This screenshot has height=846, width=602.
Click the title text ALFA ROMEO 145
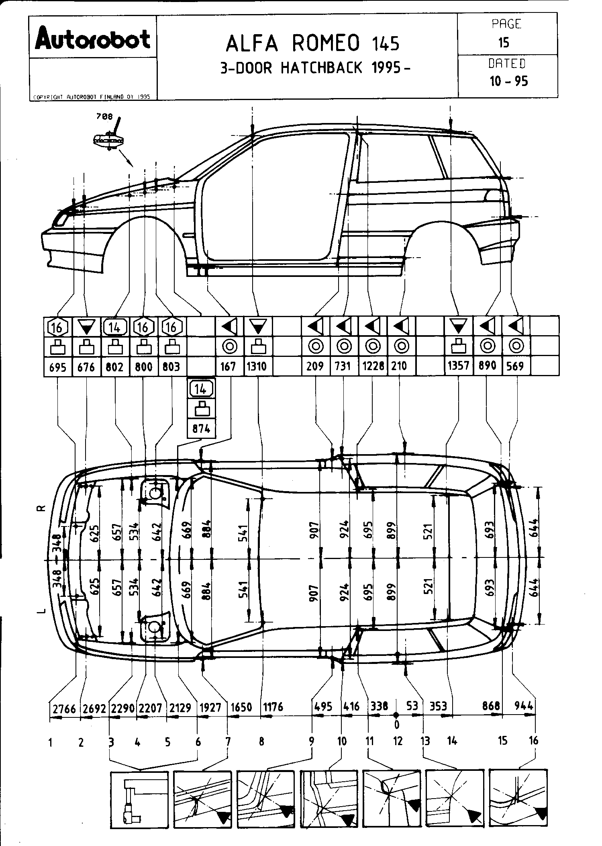(x=312, y=44)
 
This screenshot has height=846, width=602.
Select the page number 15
(x=504, y=43)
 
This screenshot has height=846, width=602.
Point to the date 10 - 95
(x=508, y=81)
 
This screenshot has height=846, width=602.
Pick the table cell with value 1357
(x=459, y=366)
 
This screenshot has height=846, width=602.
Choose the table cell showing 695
(x=57, y=367)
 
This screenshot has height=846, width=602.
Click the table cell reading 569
(x=516, y=366)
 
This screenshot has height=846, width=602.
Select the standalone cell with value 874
(x=201, y=428)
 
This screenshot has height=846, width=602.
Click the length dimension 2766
(x=64, y=708)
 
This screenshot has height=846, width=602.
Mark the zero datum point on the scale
(x=396, y=715)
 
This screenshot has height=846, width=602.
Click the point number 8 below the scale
(x=261, y=742)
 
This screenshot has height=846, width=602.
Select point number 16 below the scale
(x=533, y=740)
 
